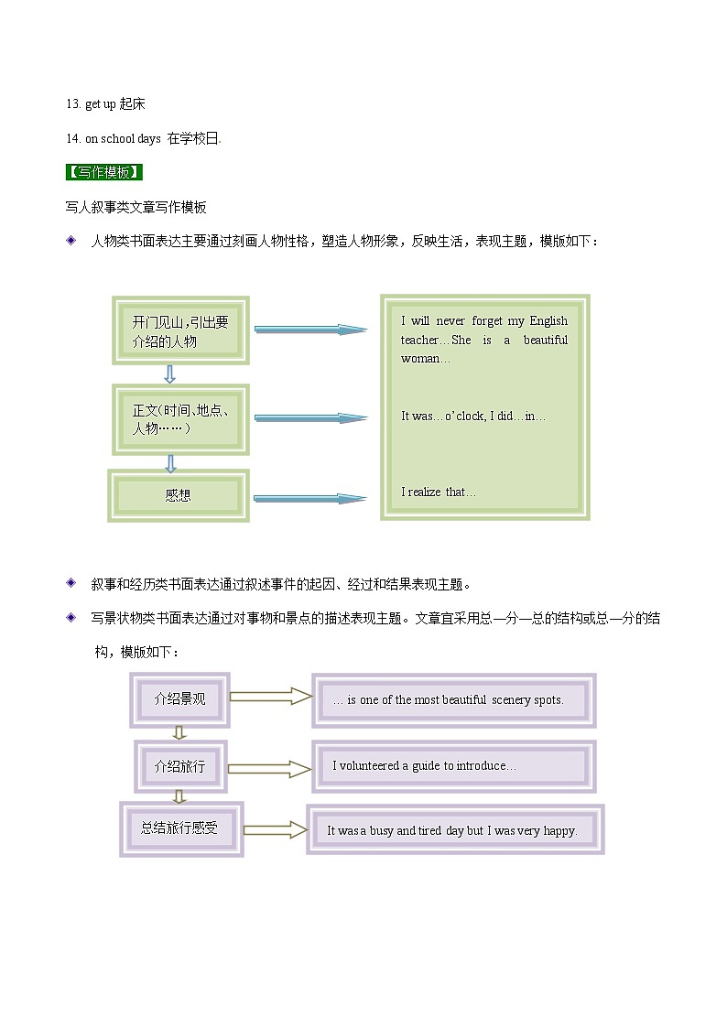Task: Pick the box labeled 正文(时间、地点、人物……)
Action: coord(180,419)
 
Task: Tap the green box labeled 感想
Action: coord(179,495)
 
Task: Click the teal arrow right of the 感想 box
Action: coord(309,499)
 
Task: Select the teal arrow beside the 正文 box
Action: coord(310,417)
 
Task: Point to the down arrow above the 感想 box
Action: coord(170,463)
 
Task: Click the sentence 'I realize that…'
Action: coord(439,492)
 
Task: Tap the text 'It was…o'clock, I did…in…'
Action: coord(473,417)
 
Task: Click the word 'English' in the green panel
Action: coord(548,321)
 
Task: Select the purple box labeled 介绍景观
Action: coord(180,699)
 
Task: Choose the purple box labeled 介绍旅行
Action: coord(180,766)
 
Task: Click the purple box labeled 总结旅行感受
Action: coord(180,828)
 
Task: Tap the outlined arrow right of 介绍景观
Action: coord(270,697)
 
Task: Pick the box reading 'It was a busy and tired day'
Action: coord(454,830)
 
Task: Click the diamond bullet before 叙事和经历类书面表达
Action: coord(71,583)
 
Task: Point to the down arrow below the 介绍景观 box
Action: coord(179,732)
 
